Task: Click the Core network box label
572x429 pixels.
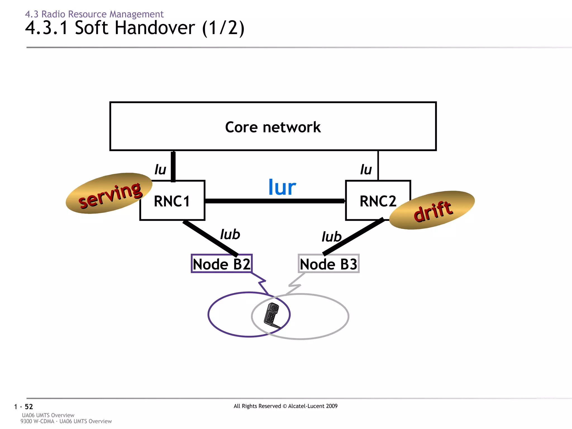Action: tap(273, 127)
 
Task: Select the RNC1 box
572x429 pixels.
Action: tap(172, 201)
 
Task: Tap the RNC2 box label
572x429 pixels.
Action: tap(378, 201)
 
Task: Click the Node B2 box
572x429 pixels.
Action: tap(221, 264)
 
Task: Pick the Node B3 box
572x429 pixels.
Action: tap(328, 264)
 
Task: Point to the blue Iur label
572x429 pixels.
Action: tap(282, 187)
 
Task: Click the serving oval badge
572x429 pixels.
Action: tap(109, 194)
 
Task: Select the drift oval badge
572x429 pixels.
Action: tap(432, 210)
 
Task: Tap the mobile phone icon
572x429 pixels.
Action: tap(271, 315)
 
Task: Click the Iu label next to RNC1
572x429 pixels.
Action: tap(160, 170)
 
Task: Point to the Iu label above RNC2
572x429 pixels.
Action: tap(366, 170)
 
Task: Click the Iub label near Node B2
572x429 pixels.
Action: tap(230, 234)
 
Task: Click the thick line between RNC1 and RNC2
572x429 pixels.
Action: tap(275, 201)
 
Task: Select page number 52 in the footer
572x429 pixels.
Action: tap(29, 407)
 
